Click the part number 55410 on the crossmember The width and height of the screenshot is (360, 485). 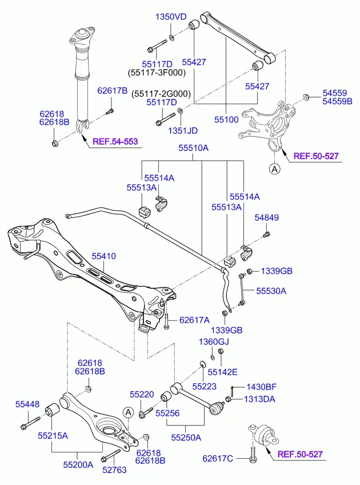click(x=103, y=258)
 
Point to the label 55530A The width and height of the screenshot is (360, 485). click(x=271, y=291)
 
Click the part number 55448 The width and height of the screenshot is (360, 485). click(x=27, y=405)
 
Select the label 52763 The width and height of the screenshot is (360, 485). click(x=115, y=470)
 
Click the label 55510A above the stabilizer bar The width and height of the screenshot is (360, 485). click(x=193, y=148)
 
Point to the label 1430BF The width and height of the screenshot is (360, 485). click(x=261, y=388)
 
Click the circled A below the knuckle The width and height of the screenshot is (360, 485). click(x=275, y=168)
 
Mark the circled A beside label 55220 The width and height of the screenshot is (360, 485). click(x=128, y=412)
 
